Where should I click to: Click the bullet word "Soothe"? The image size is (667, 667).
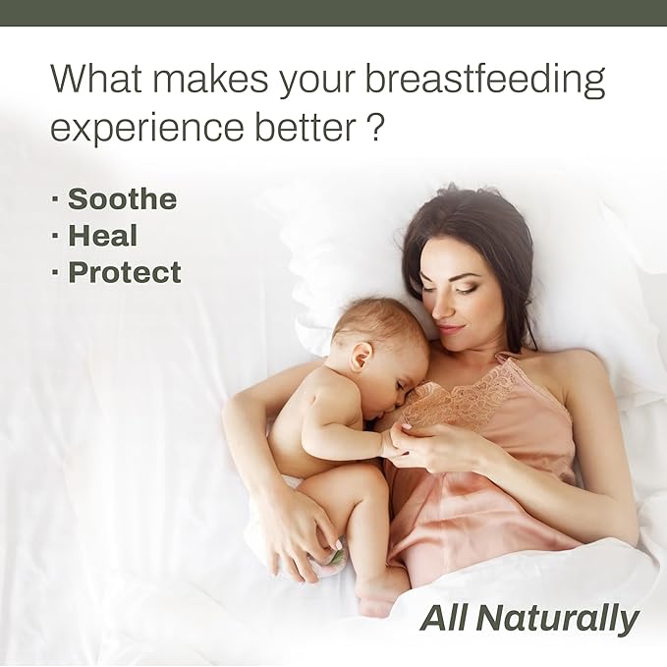point(122,199)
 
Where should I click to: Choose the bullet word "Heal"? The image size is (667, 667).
point(102,236)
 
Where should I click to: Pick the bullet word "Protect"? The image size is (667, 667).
point(124,272)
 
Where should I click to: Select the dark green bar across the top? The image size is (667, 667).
point(333,12)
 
